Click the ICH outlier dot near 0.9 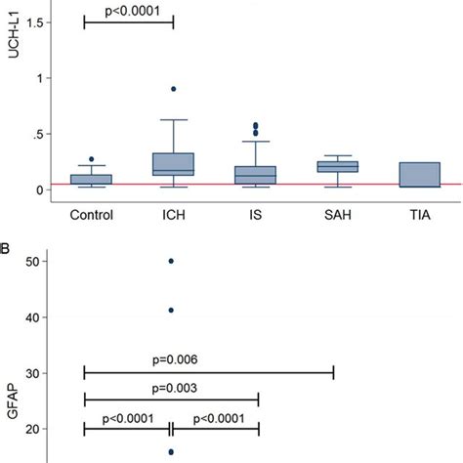click(x=173, y=89)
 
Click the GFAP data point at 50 click(x=172, y=262)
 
